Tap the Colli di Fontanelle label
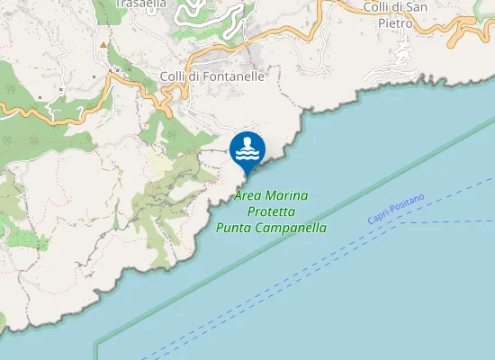pos(212,76)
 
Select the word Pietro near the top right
pos(395,22)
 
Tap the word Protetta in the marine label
pos(271,211)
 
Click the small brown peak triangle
pos(104,43)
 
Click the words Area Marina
pos(271,195)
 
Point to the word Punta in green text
pos(235,229)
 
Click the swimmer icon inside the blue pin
pos(247,147)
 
